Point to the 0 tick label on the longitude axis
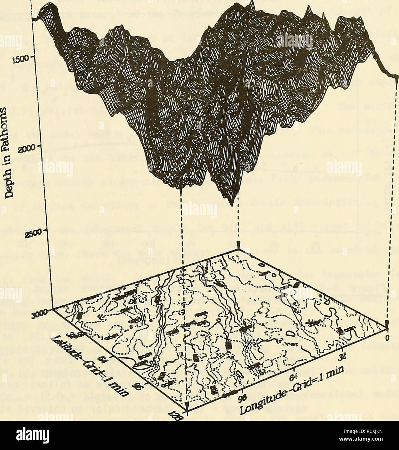pyautogui.click(x=388, y=339)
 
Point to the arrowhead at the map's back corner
pyautogui.click(x=238, y=247)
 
